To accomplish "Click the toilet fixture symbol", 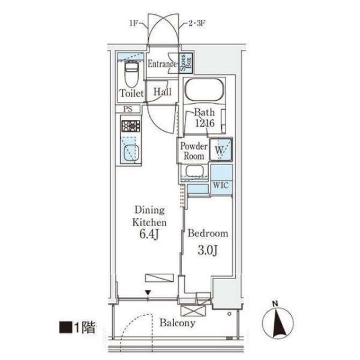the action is pyautogui.click(x=131, y=74).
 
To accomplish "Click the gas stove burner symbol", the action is pyautogui.click(x=131, y=126).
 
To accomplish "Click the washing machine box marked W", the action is pyautogui.click(x=221, y=149).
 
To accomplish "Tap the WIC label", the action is pyautogui.click(x=221, y=185).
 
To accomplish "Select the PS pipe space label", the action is pyautogui.click(x=128, y=109).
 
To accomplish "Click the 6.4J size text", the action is pyautogui.click(x=149, y=235).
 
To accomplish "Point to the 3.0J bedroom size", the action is pyautogui.click(x=208, y=250).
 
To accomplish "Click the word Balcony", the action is pyautogui.click(x=178, y=323).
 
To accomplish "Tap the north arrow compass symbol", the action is pyautogui.click(x=278, y=320).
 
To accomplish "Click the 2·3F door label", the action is pyautogui.click(x=196, y=23).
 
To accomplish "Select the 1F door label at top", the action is pyautogui.click(x=133, y=23).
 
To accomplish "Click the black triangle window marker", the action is pyautogui.click(x=148, y=293).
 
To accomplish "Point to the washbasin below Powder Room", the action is pyautogui.click(x=194, y=171).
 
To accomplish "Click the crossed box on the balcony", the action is pyautogui.click(x=193, y=311).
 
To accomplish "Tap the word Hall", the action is pyautogui.click(x=163, y=92).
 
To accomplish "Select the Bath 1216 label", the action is pyautogui.click(x=205, y=118).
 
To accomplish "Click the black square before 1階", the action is pyautogui.click(x=65, y=328).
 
